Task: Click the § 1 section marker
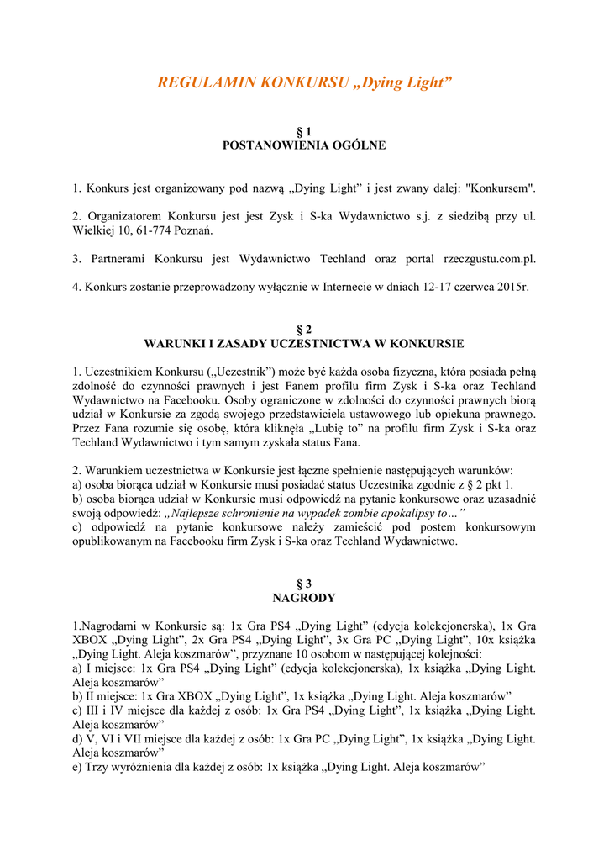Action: pyautogui.click(x=304, y=132)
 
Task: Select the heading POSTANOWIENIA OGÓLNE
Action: pyautogui.click(x=304, y=145)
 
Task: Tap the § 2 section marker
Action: pyautogui.click(x=304, y=330)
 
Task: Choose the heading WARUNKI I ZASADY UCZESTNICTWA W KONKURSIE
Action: pyautogui.click(x=304, y=344)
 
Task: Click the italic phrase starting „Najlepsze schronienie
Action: pyautogui.click(x=316, y=513)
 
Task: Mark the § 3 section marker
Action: pyautogui.click(x=304, y=584)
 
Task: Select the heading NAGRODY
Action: pyautogui.click(x=304, y=598)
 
